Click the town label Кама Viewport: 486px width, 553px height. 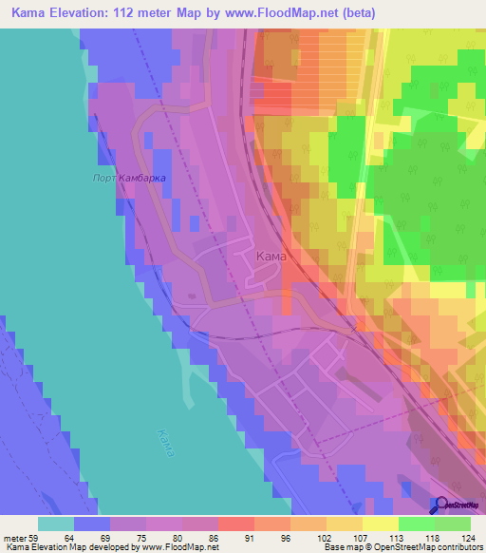271,256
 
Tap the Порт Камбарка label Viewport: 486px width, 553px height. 129,178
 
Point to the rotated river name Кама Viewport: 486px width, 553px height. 166,442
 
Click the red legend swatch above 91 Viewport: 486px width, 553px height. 234,524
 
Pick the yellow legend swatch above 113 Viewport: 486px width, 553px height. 379,524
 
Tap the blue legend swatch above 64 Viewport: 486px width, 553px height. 91,524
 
